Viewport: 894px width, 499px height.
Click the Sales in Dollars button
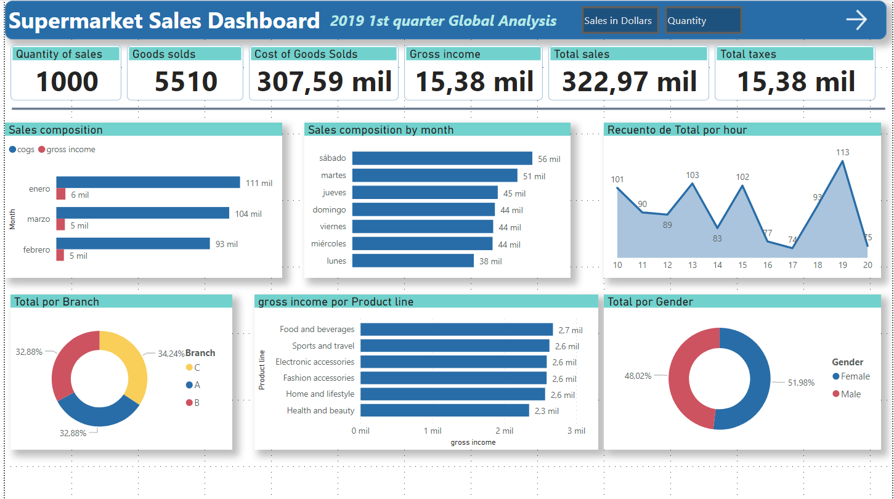(619, 20)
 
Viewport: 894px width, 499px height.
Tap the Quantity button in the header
(703, 20)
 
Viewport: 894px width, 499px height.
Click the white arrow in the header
(856, 20)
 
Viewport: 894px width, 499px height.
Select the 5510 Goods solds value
(186, 81)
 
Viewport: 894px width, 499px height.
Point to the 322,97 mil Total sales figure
(629, 81)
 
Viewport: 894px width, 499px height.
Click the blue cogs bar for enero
(148, 182)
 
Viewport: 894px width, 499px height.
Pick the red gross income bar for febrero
(60, 255)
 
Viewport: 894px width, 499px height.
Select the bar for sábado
(442, 158)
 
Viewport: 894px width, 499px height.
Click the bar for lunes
(413, 261)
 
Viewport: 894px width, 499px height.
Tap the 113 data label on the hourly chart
(842, 152)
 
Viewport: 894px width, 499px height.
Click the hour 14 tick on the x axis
(717, 265)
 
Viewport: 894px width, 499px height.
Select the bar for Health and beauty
(444, 410)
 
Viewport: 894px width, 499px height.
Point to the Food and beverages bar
(456, 330)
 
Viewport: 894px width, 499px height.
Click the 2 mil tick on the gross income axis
(504, 431)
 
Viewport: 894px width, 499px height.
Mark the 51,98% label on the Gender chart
(801, 383)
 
